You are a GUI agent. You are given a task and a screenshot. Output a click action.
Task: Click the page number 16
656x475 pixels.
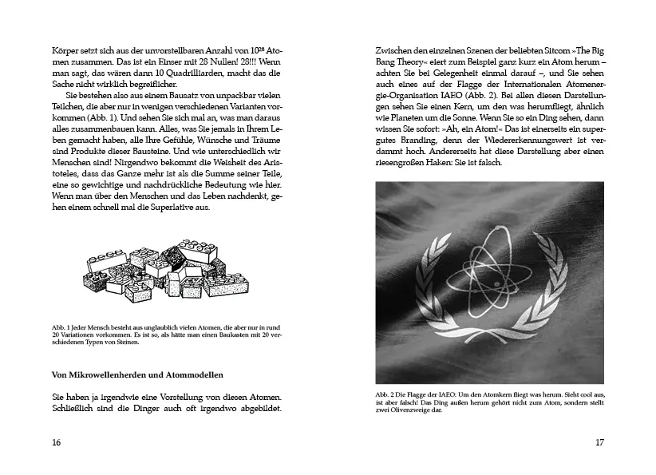pos(56,442)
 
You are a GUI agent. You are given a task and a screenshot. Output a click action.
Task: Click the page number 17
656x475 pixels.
pos(600,442)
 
